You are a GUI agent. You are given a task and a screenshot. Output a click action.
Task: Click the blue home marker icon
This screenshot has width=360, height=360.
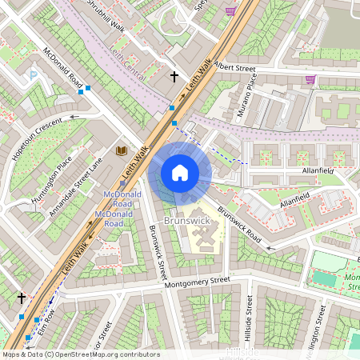180,173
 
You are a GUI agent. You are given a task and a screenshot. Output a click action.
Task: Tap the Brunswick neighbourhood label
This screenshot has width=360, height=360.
186,218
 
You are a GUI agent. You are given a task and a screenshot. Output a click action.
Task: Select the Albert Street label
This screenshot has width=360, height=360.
234,69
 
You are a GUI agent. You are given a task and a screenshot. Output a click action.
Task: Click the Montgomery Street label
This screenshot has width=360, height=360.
196,282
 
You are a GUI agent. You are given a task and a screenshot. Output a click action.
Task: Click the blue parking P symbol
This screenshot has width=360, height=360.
33,75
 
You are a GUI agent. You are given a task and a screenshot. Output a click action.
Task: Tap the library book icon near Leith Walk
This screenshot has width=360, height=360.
122,150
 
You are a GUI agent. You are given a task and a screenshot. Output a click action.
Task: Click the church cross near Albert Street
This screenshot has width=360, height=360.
174,77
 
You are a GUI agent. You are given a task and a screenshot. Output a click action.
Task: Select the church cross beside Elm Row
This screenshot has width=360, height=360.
22,298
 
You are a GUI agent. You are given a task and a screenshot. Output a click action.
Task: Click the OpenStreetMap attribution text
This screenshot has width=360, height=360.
80,354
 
